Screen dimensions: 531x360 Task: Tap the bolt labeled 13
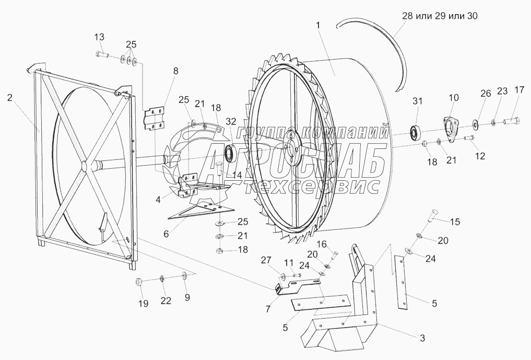[x=102, y=54]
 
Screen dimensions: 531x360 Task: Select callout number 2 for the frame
[x=10, y=97]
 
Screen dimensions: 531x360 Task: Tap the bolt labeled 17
[x=510, y=122]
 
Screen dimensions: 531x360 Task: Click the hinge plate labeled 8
[x=154, y=118]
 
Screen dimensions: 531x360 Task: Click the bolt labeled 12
[x=468, y=138]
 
